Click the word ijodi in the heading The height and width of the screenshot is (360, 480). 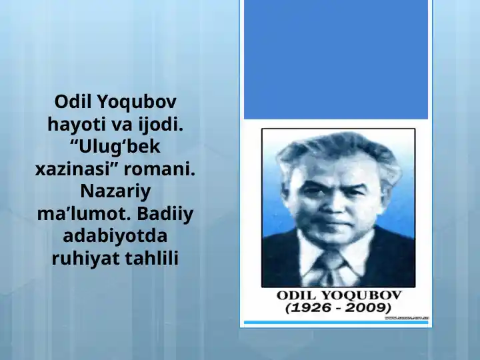coord(159,124)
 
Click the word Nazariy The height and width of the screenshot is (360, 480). coord(115,191)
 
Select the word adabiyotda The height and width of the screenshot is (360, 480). coord(115,236)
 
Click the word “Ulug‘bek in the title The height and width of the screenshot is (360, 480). coord(115,147)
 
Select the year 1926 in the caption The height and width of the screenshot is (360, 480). coord(314,308)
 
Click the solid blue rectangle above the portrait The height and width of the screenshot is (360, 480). coord(335,60)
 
